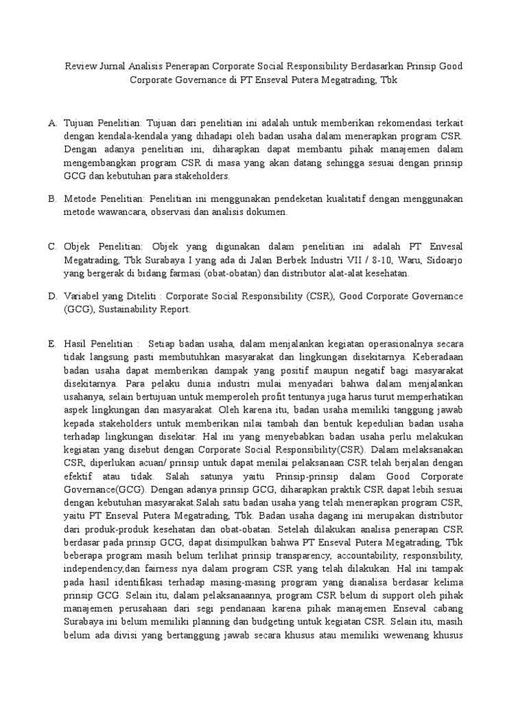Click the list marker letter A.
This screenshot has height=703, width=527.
(52, 123)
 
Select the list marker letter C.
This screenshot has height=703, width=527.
(52, 246)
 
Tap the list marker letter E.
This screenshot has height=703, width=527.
(52, 344)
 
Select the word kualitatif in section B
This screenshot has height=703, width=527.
(332, 199)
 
